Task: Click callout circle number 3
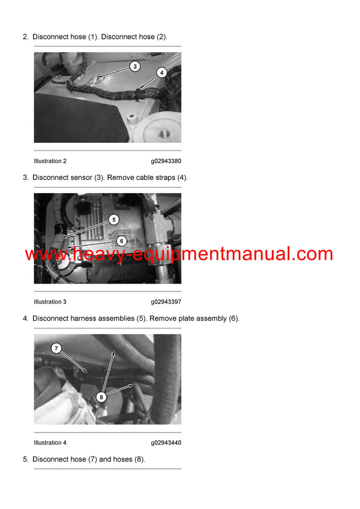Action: click(135, 67)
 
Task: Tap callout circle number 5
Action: click(114, 220)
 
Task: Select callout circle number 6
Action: click(121, 240)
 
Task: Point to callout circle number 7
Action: click(56, 348)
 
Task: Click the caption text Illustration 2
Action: click(50, 161)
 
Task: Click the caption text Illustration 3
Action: click(50, 302)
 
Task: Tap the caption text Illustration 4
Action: click(50, 443)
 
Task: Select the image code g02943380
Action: click(166, 161)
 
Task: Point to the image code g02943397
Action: click(166, 302)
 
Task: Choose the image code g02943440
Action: click(166, 443)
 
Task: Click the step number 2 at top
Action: click(25, 37)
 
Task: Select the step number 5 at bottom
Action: click(25, 459)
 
